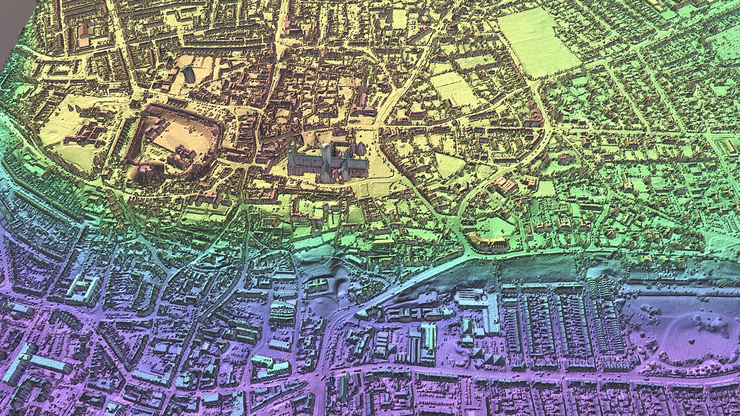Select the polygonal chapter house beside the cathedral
[360, 148]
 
